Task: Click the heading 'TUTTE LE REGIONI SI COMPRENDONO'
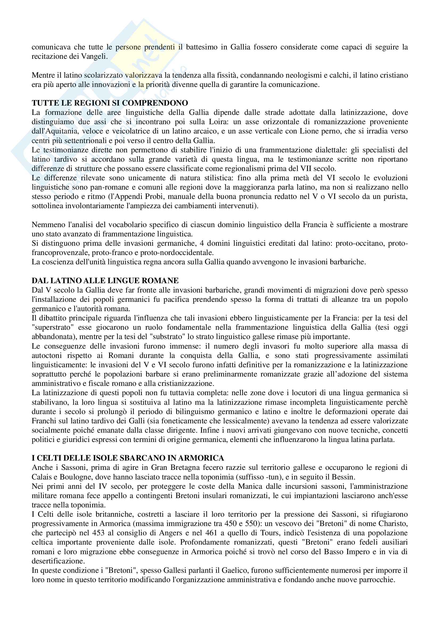tap(110, 103)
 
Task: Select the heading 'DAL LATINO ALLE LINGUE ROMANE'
tap(105, 280)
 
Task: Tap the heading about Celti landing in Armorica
tap(128, 458)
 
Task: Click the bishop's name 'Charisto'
tap(393, 524)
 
